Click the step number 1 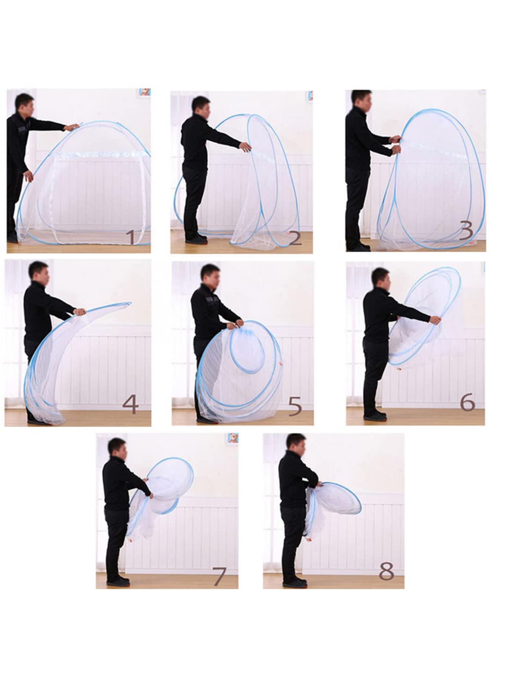[x=131, y=237]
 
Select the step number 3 [x=466, y=231]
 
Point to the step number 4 [x=130, y=404]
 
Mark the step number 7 [x=219, y=576]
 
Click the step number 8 [x=386, y=571]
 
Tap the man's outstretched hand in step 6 [x=435, y=320]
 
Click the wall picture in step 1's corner [x=145, y=92]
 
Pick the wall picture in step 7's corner [x=233, y=438]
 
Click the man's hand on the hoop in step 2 [x=245, y=147]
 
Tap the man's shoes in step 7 [x=118, y=581]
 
